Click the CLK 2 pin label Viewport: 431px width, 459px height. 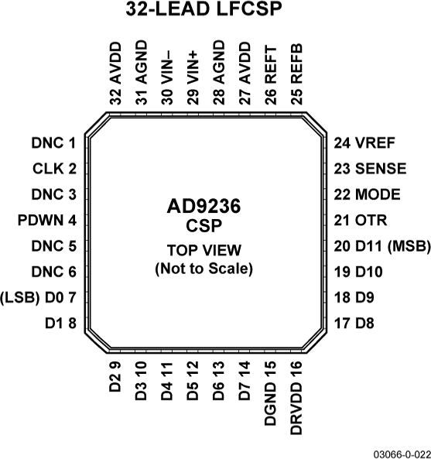click(x=55, y=169)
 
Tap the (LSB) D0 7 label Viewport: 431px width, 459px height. click(x=39, y=297)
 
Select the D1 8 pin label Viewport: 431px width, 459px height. click(x=60, y=323)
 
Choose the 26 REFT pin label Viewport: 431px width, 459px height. click(x=270, y=78)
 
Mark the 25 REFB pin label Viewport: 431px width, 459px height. click(x=296, y=78)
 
